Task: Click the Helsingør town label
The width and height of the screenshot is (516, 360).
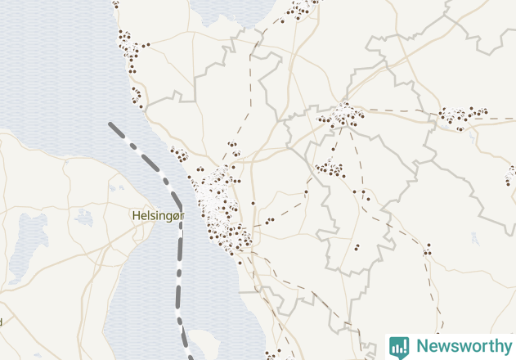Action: [x=159, y=215]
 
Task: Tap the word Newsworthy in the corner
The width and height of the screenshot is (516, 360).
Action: [x=463, y=346]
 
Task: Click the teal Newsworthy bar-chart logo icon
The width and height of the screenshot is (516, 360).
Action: [x=399, y=347]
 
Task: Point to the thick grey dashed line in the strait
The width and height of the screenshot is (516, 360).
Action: [x=179, y=245]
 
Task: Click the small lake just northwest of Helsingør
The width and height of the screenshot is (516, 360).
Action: [x=83, y=218]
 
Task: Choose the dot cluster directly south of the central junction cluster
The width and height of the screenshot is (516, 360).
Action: [x=330, y=169]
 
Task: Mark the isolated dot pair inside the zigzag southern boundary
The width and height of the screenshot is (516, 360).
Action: [x=357, y=246]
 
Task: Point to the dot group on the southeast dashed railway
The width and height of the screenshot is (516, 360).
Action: [x=427, y=249]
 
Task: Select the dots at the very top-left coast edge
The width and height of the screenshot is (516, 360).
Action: [x=115, y=3]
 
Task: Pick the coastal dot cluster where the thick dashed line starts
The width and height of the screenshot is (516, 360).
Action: [x=178, y=153]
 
